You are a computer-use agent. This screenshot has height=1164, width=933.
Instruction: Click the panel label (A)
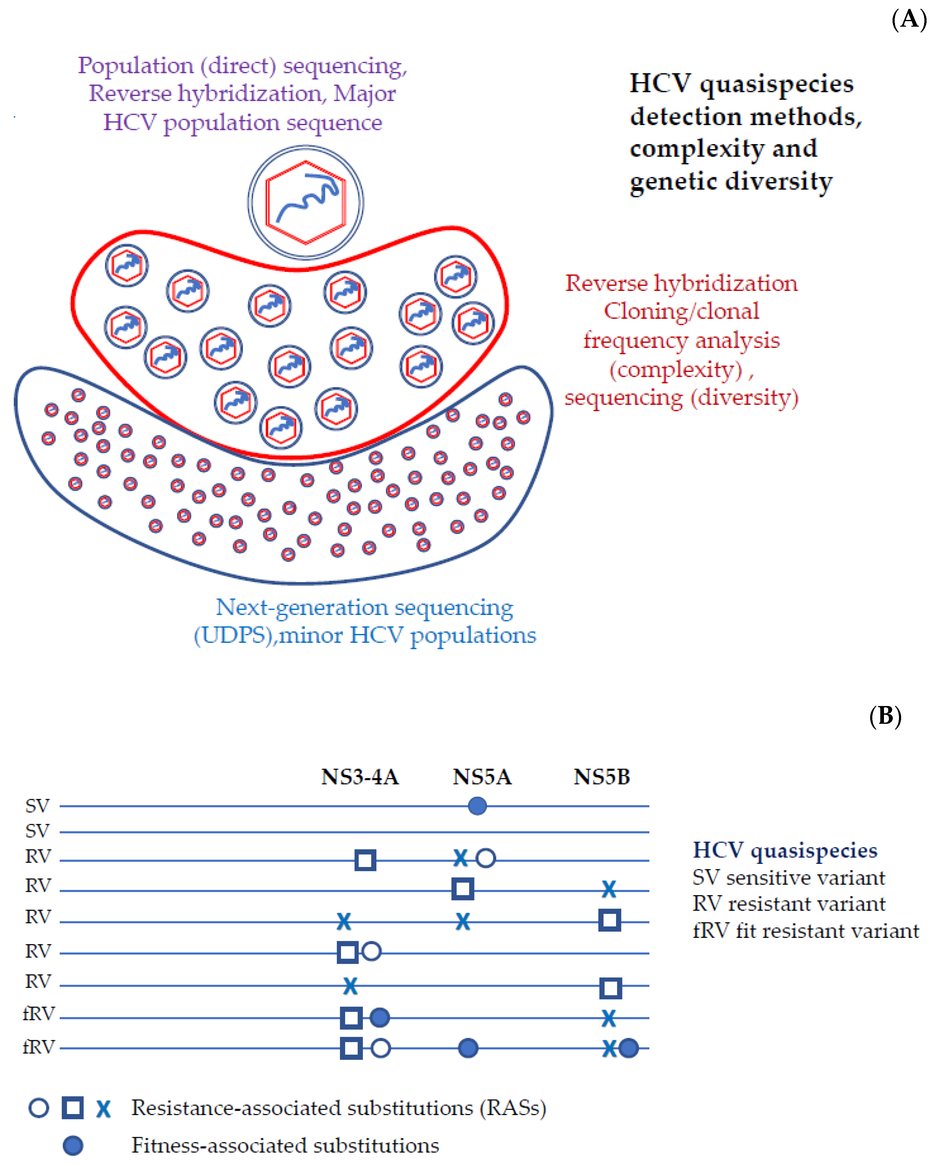(x=909, y=19)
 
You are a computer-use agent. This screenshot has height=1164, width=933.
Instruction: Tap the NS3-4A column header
(x=360, y=777)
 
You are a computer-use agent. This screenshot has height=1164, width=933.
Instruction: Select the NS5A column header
(x=482, y=777)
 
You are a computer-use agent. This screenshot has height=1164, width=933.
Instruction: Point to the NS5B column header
(x=601, y=777)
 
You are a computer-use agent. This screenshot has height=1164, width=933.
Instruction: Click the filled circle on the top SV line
(x=477, y=806)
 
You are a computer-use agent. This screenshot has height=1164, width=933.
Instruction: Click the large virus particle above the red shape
(x=306, y=202)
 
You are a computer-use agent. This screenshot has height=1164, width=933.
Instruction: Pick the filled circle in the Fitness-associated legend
(x=73, y=1145)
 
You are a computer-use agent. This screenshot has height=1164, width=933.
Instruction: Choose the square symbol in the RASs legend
(x=72, y=1108)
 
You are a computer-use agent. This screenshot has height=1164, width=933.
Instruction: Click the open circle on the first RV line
(x=486, y=858)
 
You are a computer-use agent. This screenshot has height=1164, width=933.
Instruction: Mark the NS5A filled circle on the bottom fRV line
(x=468, y=1048)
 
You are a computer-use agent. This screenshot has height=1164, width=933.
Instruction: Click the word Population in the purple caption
(x=135, y=66)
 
